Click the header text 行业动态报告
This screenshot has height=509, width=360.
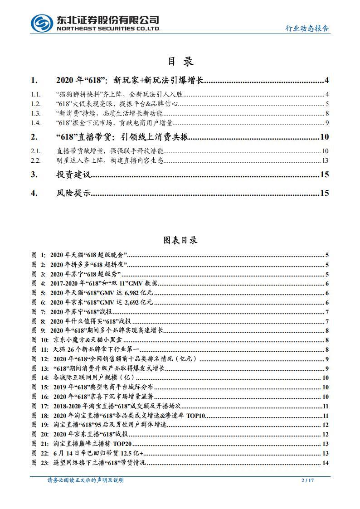point(307,28)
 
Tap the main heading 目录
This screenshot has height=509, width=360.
point(180,62)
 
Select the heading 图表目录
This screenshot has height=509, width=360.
point(180,240)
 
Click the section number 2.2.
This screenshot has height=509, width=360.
point(36,160)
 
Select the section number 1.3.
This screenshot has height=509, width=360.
point(36,113)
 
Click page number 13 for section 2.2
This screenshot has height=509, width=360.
point(325,160)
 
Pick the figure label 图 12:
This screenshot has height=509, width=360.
point(39,359)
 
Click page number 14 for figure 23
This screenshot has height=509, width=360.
point(325,463)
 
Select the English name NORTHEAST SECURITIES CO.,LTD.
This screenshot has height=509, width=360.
point(108,28)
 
